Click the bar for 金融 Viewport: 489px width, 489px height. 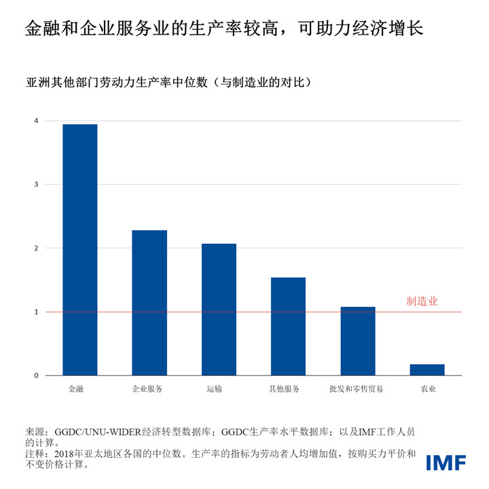(x=79, y=250)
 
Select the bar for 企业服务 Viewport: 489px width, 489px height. (x=149, y=303)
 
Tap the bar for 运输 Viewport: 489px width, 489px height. (x=219, y=310)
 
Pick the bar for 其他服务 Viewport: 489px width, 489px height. (x=288, y=327)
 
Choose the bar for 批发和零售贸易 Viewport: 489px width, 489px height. (x=357, y=342)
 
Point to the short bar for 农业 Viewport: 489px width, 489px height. (x=427, y=370)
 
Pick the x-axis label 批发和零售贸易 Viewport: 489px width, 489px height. (x=356, y=389)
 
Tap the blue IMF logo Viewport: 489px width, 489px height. (x=446, y=463)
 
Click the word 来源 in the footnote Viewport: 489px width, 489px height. (x=35, y=431)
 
